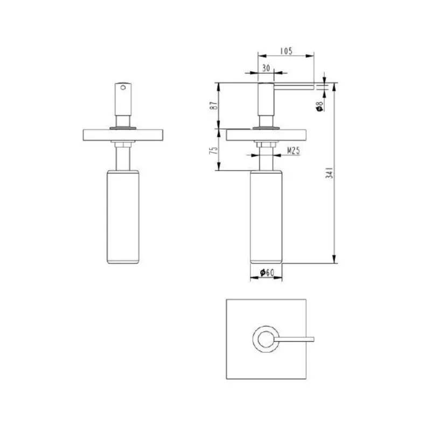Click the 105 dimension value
[x=286, y=51]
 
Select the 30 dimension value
[x=266, y=68]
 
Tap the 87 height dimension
[x=213, y=106]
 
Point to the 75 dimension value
[x=213, y=150]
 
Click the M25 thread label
[x=293, y=150]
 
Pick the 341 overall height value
[x=329, y=172]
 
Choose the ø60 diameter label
[x=267, y=273]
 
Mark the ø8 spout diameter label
[x=319, y=106]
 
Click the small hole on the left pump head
[x=123, y=87]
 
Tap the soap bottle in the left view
[x=123, y=217]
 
